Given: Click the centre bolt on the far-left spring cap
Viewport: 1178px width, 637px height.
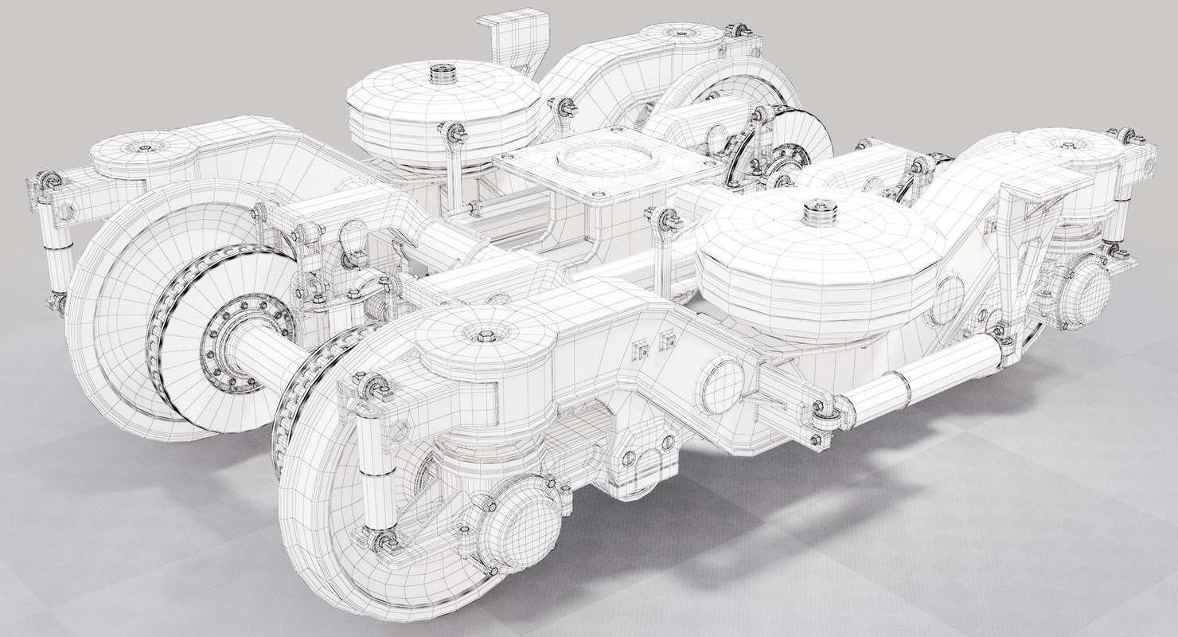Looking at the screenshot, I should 146,148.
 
